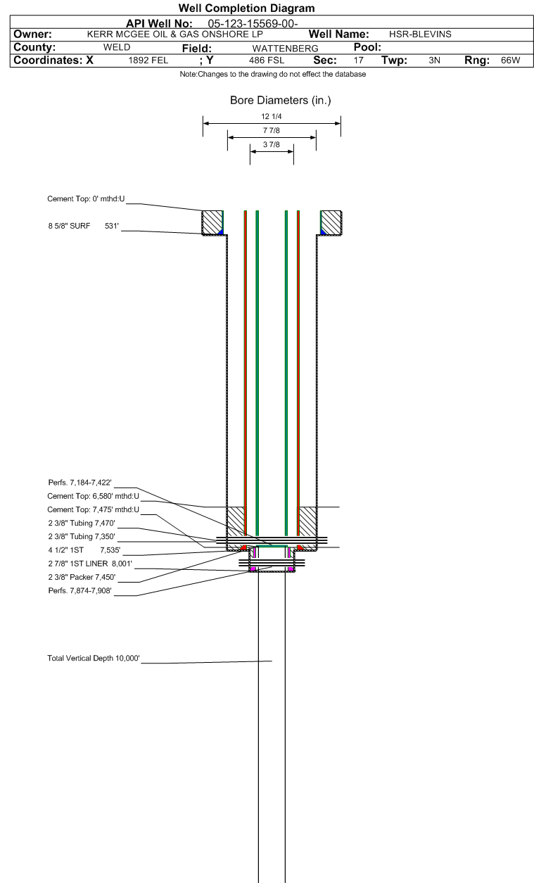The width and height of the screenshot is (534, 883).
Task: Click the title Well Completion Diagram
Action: click(246, 8)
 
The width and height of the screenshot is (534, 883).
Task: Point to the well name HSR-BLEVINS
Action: click(420, 34)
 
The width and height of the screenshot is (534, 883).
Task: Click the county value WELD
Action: click(117, 47)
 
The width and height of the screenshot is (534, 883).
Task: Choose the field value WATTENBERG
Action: click(285, 48)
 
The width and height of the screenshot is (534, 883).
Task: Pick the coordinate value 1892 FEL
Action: click(148, 61)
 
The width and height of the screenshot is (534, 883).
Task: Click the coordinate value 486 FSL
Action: click(267, 61)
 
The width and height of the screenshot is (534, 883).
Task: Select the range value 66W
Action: click(510, 61)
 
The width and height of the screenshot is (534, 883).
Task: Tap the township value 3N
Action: click(434, 61)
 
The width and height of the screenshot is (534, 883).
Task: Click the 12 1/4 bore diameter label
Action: click(271, 117)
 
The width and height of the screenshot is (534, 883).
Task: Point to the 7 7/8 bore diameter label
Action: click(271, 131)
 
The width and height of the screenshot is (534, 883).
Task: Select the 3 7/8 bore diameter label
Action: click(271, 145)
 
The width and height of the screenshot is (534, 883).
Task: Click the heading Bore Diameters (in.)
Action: click(280, 101)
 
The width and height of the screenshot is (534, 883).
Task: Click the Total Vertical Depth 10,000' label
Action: click(94, 659)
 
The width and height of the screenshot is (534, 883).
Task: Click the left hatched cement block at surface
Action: click(211, 222)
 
